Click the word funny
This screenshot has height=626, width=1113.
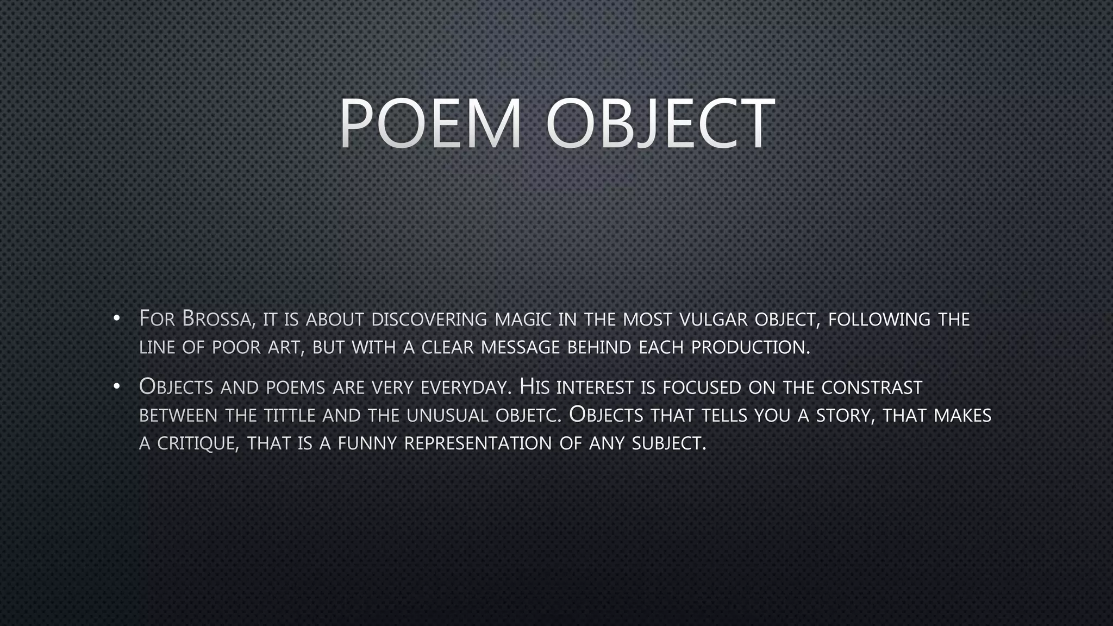pos(367,443)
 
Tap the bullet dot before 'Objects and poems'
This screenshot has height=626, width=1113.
pos(116,386)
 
